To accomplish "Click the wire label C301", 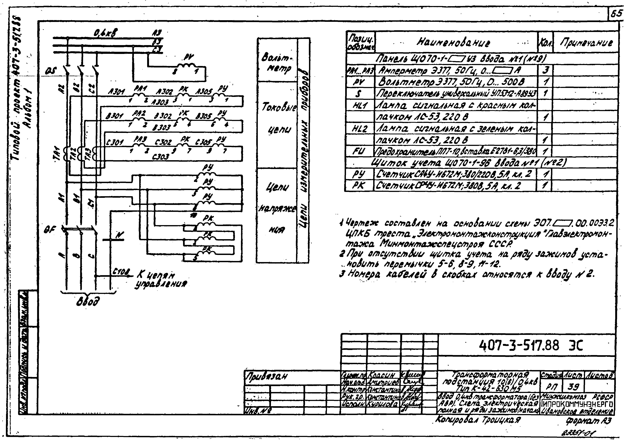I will (115, 143).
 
